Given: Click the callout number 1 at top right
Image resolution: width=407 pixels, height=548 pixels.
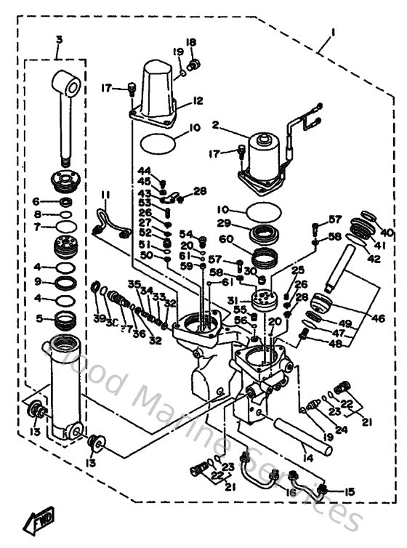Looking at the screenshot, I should (333, 31).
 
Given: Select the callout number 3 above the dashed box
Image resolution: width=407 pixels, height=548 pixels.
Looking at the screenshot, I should (59, 39).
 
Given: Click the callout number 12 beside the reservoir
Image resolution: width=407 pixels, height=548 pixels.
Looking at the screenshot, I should (198, 101).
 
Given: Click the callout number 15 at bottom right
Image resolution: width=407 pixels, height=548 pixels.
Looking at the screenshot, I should (350, 492).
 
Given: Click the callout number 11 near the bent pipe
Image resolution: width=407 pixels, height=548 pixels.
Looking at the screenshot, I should (105, 195).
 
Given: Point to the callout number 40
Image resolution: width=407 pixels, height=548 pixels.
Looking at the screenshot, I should (386, 232).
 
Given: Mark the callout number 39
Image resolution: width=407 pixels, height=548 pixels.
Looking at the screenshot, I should (97, 318).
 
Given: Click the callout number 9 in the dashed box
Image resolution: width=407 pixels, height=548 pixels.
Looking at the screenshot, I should (38, 281).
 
